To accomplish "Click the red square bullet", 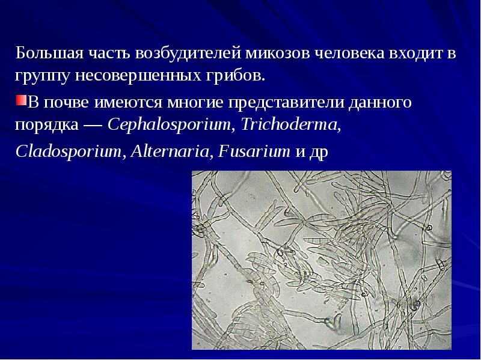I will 20,99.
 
